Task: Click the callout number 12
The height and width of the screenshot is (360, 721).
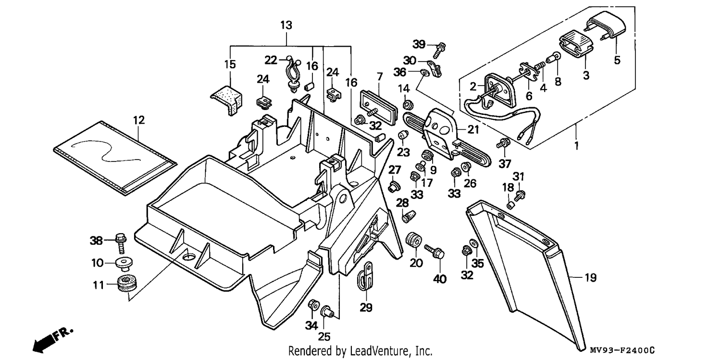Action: tap(139, 120)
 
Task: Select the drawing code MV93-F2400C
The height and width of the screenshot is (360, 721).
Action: tap(622, 350)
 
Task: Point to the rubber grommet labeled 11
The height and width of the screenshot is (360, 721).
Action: tap(126, 284)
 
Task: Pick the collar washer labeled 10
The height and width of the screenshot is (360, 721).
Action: tap(124, 263)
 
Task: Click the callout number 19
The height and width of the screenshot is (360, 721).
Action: tap(590, 278)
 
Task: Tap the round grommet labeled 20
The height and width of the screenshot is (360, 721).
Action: tap(414, 240)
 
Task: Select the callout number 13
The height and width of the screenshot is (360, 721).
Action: tap(286, 25)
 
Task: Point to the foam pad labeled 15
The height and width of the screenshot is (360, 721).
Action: tap(227, 99)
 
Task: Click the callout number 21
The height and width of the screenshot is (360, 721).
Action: tap(473, 129)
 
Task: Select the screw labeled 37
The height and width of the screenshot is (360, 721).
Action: tap(503, 143)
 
